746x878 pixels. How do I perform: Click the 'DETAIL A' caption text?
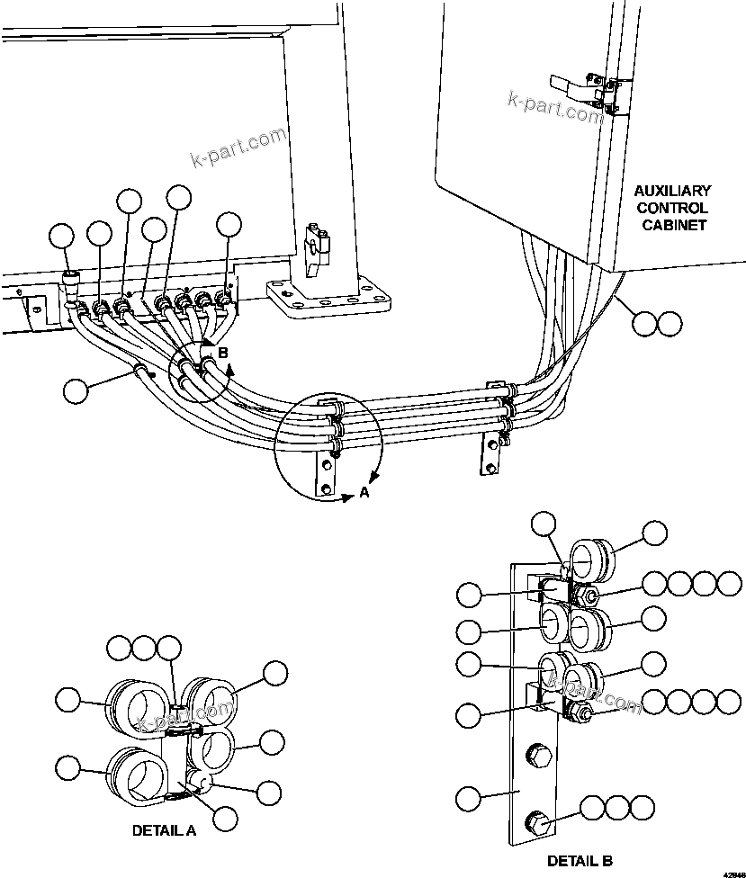click(164, 830)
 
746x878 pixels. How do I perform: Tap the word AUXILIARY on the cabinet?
click(672, 191)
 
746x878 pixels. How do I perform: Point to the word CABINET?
click(673, 225)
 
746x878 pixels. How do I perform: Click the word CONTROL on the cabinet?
click(672, 208)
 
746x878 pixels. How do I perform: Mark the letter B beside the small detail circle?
click(223, 353)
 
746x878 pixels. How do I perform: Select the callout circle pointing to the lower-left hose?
click(76, 390)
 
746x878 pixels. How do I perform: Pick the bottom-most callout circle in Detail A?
click(223, 818)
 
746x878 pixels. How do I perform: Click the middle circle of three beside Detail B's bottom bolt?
click(616, 807)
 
